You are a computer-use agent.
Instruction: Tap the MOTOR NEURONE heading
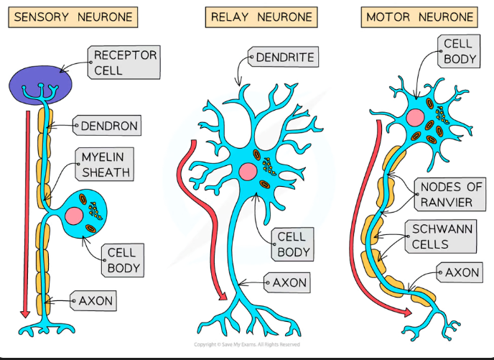tap(420, 17)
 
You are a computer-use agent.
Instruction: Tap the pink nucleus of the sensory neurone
tap(74, 216)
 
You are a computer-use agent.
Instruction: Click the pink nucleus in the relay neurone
tap(248, 172)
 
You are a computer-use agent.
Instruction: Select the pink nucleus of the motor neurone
tap(415, 118)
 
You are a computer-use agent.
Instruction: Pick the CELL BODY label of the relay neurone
tap(293, 244)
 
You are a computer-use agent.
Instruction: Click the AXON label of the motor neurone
tap(462, 273)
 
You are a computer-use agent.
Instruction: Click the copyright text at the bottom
tap(246, 345)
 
